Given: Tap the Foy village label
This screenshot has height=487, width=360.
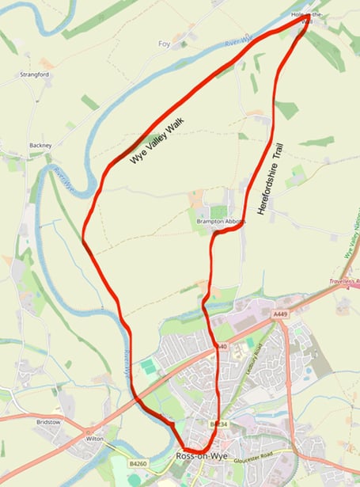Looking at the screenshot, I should [165, 44].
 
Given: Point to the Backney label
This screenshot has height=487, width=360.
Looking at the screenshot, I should [40, 146].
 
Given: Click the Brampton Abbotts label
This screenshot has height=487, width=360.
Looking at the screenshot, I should [222, 222].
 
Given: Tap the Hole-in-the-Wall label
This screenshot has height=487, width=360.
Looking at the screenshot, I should [308, 18].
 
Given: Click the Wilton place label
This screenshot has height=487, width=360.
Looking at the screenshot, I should [95, 438].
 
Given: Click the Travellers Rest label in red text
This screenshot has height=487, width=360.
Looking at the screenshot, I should [345, 281].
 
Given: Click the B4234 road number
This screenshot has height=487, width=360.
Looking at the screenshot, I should [218, 425].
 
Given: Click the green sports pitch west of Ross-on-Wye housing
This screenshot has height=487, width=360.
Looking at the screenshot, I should [149, 367].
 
